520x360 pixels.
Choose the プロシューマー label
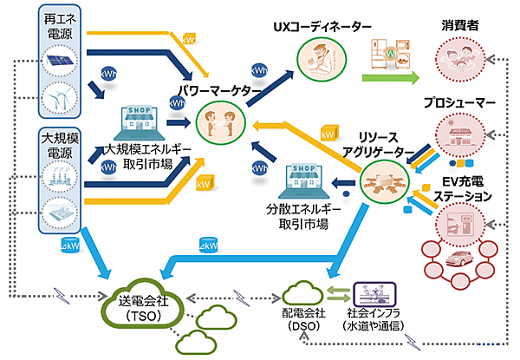(x=459, y=102)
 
